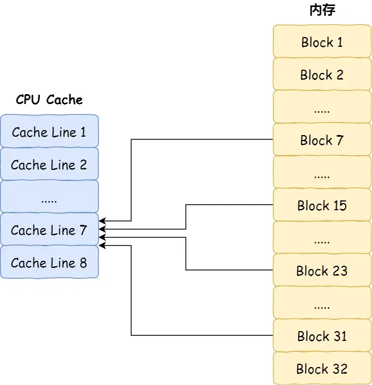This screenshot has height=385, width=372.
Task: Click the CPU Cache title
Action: [x=49, y=100]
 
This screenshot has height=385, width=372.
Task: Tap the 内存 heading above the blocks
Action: [x=321, y=11]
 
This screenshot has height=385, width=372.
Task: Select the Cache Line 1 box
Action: [x=49, y=132]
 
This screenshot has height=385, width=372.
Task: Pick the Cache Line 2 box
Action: [x=49, y=164]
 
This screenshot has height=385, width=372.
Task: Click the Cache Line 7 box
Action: [x=49, y=230]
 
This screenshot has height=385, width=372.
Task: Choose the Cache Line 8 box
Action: [x=49, y=262]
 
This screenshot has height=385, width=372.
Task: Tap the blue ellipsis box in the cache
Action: [x=49, y=197]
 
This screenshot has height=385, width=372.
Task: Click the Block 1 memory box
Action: [x=321, y=42]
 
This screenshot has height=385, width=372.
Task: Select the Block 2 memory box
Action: [x=321, y=75]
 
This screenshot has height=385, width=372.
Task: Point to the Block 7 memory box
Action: [x=321, y=140]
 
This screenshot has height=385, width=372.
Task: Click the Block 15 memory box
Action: [x=321, y=205]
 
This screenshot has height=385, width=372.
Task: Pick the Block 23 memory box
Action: [x=321, y=271]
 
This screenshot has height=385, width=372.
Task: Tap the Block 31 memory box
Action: [x=321, y=336]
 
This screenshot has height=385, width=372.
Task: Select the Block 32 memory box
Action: [x=321, y=369]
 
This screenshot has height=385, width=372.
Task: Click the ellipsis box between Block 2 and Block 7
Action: [x=321, y=107]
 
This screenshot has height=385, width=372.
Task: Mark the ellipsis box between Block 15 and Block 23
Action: [x=321, y=238]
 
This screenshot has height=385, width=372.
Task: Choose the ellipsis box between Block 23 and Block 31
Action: [x=321, y=303]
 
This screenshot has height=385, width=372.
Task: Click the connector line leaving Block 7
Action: [x=202, y=139]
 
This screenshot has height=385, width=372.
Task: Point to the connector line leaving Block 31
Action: [x=202, y=335]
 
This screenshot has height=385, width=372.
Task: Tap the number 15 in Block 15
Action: [x=339, y=205]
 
